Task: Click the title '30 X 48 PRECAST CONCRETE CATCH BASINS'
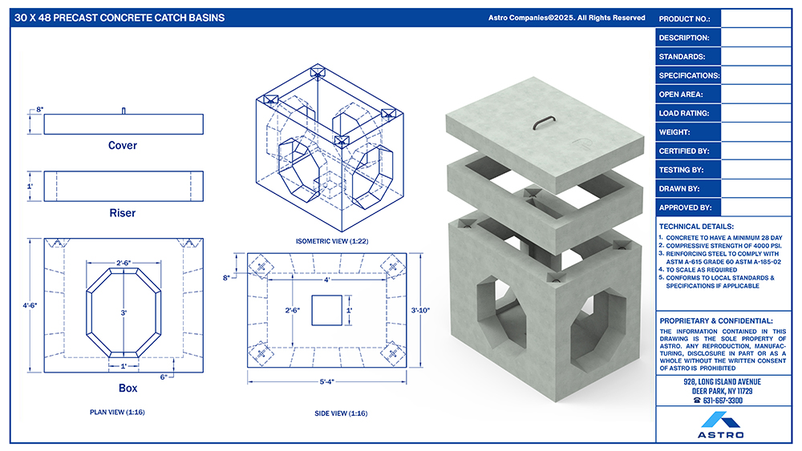(x=119, y=18)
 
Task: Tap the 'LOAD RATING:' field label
(x=684, y=114)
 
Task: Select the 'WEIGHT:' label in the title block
(x=674, y=132)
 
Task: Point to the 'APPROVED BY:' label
(x=686, y=208)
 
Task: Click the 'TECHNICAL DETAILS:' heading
(x=696, y=226)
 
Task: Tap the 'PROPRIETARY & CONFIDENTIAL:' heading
(x=716, y=320)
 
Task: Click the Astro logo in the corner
(x=721, y=425)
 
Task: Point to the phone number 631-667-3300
(x=723, y=401)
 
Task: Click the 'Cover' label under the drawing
(x=123, y=146)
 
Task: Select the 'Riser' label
(x=123, y=213)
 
